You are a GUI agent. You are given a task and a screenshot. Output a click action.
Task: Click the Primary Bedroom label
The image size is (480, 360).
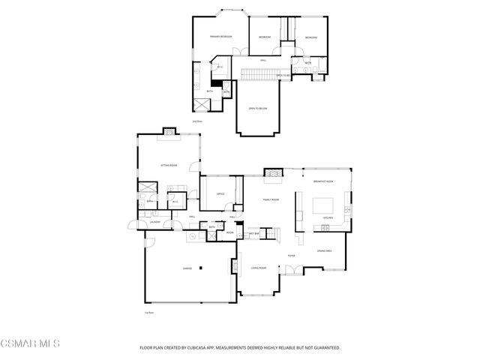coord(220,37)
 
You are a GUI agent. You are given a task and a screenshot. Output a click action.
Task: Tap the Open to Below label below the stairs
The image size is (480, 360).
coord(257,108)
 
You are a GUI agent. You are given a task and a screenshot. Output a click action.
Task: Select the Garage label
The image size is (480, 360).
coord(187,268)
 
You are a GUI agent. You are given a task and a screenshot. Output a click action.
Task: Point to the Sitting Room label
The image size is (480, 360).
coord(169,165)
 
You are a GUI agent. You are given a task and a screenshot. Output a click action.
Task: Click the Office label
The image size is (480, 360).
coord(220,194)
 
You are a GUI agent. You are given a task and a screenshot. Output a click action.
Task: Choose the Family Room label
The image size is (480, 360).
coord(270,200)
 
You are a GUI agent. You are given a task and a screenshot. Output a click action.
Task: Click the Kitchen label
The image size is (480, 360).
coord(327,218)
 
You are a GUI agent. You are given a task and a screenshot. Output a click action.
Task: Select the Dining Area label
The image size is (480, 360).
coord(324,250)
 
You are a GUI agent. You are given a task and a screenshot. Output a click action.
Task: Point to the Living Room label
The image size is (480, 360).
coord(259,268)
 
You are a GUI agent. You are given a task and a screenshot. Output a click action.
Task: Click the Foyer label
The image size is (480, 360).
coord(291,256)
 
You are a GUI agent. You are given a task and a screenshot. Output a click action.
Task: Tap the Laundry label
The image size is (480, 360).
coord(155,222)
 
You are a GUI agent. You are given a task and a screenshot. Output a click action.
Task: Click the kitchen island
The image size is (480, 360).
coord(323,205)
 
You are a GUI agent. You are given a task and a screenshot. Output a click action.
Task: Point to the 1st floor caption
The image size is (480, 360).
coord(149,312)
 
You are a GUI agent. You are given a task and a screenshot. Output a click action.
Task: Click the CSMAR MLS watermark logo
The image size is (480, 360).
coord(30,344)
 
